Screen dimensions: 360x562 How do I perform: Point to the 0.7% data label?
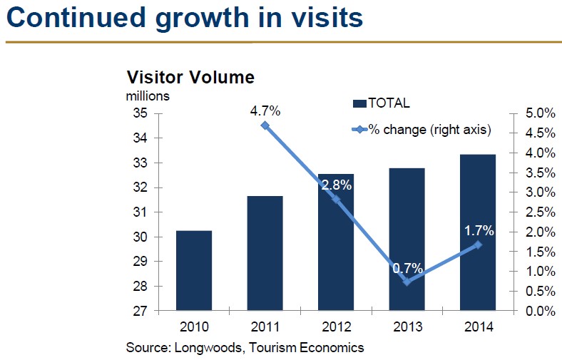click(407, 269)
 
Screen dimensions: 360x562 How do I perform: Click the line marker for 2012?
click(337, 200)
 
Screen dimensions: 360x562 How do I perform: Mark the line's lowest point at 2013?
click(407, 282)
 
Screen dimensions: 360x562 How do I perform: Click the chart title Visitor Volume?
click(190, 78)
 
